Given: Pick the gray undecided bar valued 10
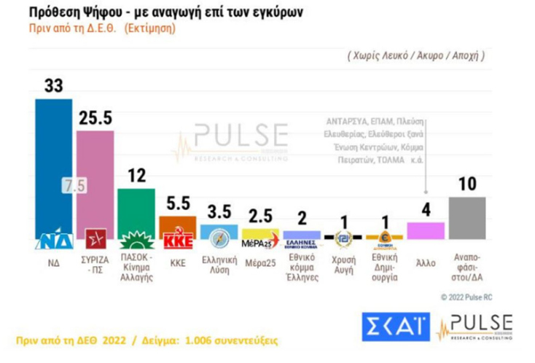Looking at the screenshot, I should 466,218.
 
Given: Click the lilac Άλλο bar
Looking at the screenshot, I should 425,231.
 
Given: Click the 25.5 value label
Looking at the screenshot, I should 95,119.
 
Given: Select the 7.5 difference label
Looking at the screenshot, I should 74,186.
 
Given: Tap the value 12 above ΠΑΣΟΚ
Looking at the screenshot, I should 136,176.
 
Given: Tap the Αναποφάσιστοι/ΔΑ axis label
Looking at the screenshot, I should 466,265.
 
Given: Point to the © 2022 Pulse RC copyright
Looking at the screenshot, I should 473,297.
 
